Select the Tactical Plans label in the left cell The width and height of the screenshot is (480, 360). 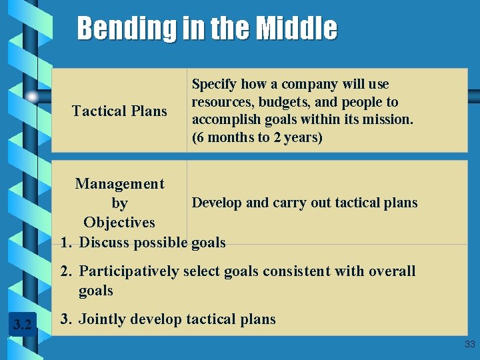click(x=119, y=111)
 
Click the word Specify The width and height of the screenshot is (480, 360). click(x=214, y=85)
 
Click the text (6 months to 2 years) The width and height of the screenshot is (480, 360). click(x=257, y=138)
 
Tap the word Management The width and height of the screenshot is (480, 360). click(x=119, y=183)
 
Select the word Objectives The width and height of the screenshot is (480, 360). click(x=119, y=222)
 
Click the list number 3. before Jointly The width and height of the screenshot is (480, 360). click(x=66, y=319)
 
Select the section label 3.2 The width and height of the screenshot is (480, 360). click(x=22, y=325)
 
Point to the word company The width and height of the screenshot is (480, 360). click(x=310, y=85)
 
